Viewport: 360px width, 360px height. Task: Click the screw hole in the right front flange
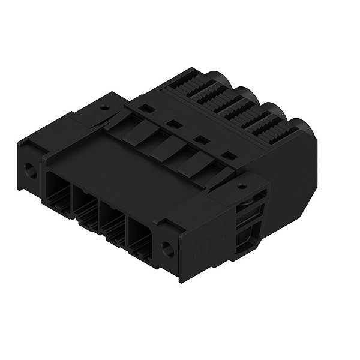coord(169,250)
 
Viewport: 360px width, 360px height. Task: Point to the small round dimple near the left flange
coord(105,110)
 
